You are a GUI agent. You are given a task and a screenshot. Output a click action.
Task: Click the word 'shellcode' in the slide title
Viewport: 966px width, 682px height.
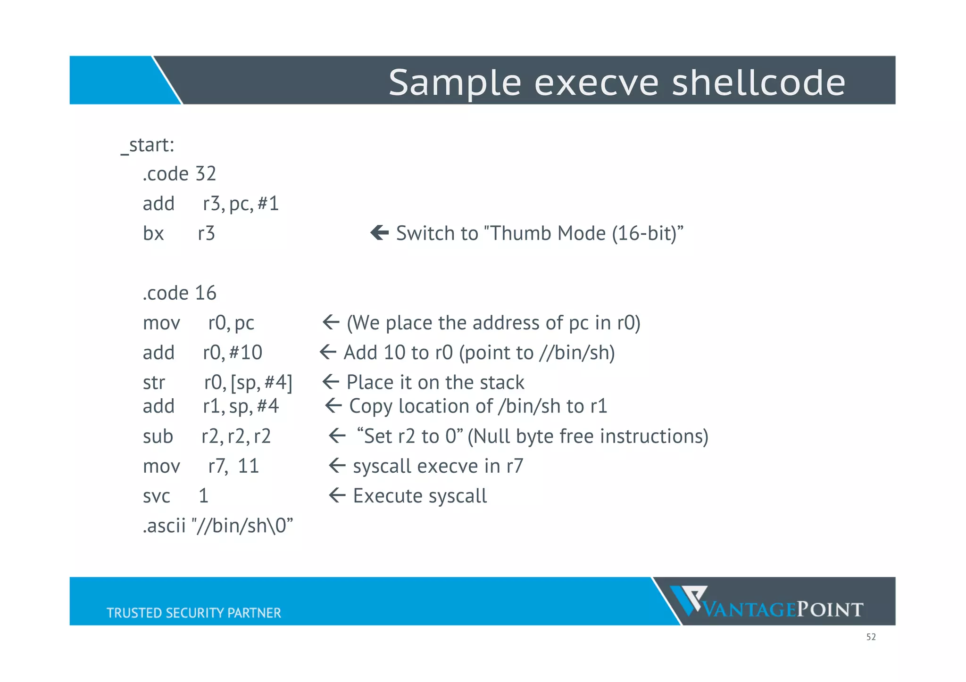(758, 82)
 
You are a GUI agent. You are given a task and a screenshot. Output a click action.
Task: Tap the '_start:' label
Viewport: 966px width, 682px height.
(148, 145)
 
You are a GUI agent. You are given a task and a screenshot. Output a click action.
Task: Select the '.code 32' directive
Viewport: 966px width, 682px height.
(179, 174)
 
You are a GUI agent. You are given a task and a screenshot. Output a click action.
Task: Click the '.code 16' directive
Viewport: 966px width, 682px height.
(179, 293)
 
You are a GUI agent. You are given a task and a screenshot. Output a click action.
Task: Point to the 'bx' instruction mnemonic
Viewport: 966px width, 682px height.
(153, 233)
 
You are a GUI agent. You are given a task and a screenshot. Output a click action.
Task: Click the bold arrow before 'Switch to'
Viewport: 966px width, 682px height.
(379, 232)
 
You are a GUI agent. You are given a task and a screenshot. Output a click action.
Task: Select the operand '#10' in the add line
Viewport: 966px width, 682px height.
(246, 353)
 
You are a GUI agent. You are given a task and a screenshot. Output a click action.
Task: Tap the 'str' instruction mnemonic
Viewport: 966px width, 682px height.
(154, 383)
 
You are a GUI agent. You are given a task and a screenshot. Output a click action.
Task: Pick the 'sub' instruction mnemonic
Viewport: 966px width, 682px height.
(158, 436)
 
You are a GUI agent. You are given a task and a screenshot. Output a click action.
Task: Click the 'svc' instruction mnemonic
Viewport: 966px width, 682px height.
(156, 496)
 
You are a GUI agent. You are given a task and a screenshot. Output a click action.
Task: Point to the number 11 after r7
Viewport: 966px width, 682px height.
(248, 466)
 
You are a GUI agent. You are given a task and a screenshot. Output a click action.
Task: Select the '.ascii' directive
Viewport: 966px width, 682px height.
(164, 526)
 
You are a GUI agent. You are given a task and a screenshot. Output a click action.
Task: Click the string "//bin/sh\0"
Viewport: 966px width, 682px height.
(242, 526)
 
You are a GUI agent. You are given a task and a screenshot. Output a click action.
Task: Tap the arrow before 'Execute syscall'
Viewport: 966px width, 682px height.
(337, 495)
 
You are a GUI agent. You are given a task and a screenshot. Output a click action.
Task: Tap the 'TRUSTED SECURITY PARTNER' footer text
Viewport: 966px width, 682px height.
(193, 613)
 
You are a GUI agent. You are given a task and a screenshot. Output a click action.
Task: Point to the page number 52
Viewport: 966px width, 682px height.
(871, 637)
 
